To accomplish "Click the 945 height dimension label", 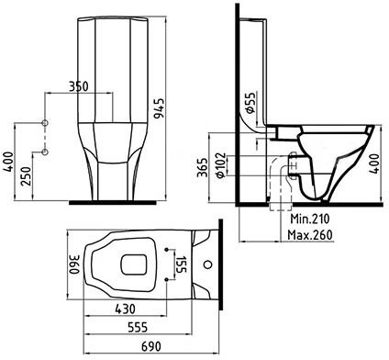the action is (x=159, y=108).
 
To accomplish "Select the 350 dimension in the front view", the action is (x=78, y=86).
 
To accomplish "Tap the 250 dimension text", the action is (x=26, y=176).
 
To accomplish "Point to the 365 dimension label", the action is (x=202, y=167).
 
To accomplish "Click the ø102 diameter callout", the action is (x=220, y=165).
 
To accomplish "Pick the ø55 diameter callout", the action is (x=250, y=103).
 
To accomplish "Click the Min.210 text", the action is (x=309, y=219).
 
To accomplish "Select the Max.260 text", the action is (x=309, y=235).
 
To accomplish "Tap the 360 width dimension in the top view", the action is (x=74, y=264).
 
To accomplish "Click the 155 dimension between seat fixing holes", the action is (x=181, y=264).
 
